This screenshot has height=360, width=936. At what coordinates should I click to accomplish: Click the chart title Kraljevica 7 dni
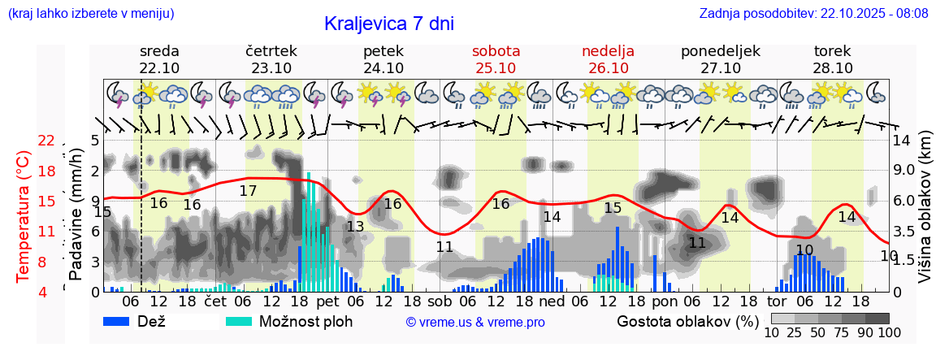[388, 24]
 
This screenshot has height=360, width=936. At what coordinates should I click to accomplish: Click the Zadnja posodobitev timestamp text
[813, 14]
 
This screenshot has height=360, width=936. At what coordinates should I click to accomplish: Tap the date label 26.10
[608, 68]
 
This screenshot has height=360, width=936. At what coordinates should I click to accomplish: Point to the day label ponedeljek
[720, 51]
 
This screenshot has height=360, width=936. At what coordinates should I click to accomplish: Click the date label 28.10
[832, 68]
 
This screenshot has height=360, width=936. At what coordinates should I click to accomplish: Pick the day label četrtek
[271, 51]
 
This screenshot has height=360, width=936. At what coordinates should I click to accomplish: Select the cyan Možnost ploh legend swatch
[239, 321]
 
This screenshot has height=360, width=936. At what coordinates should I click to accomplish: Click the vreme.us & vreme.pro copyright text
[475, 323]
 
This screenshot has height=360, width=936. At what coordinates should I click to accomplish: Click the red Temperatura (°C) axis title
[24, 215]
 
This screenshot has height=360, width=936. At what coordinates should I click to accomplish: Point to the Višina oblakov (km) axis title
[925, 215]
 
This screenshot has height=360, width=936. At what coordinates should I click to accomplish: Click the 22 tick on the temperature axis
[46, 141]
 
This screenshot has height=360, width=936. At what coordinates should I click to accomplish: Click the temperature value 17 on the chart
[248, 191]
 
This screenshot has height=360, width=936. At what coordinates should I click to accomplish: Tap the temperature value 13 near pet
[355, 227]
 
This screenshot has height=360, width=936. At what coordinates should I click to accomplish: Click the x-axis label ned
[552, 301]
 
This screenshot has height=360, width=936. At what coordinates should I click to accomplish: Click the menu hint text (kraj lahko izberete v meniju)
[90, 14]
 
